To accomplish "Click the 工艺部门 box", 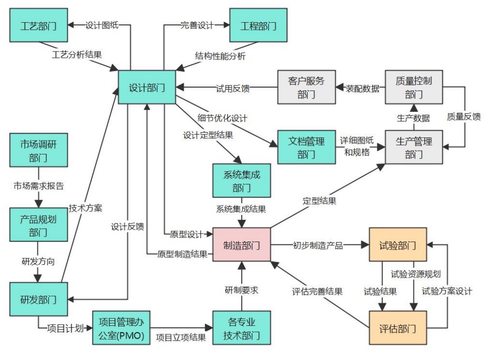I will click(x=39, y=26).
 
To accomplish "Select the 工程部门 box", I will click(x=259, y=26).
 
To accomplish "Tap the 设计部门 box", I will click(x=147, y=87).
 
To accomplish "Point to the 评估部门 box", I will click(x=398, y=327).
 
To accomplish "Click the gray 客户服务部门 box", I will click(x=306, y=87).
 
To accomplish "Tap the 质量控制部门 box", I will click(x=414, y=87).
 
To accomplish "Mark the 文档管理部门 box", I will click(x=306, y=147).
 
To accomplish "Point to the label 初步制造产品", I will click(x=318, y=245).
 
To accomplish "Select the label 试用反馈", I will click(x=233, y=88).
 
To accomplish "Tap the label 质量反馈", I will click(x=464, y=117).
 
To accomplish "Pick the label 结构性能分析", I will click(x=221, y=56).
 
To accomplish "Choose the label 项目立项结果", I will click(x=181, y=337).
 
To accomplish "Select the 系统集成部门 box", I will click(x=242, y=180).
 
